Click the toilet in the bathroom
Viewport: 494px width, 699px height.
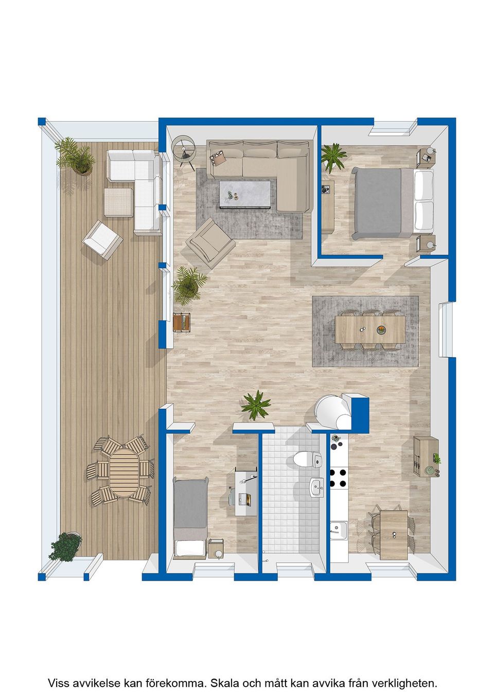click(x=308, y=459)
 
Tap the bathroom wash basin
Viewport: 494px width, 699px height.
click(x=316, y=488)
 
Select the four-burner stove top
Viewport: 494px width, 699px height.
click(x=338, y=478)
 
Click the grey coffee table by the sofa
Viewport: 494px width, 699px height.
click(x=245, y=194)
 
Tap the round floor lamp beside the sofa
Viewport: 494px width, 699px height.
click(x=184, y=146)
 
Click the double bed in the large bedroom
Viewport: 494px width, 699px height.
click(x=392, y=203)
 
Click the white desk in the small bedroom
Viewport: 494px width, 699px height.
click(x=246, y=492)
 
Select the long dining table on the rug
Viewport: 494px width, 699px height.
click(x=370, y=329)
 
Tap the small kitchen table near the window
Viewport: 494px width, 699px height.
click(x=394, y=535)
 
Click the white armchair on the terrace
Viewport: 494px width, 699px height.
click(x=102, y=240)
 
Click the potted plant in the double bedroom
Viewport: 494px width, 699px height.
click(x=333, y=158)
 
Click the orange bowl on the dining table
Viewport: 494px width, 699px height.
click(x=381, y=329)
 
